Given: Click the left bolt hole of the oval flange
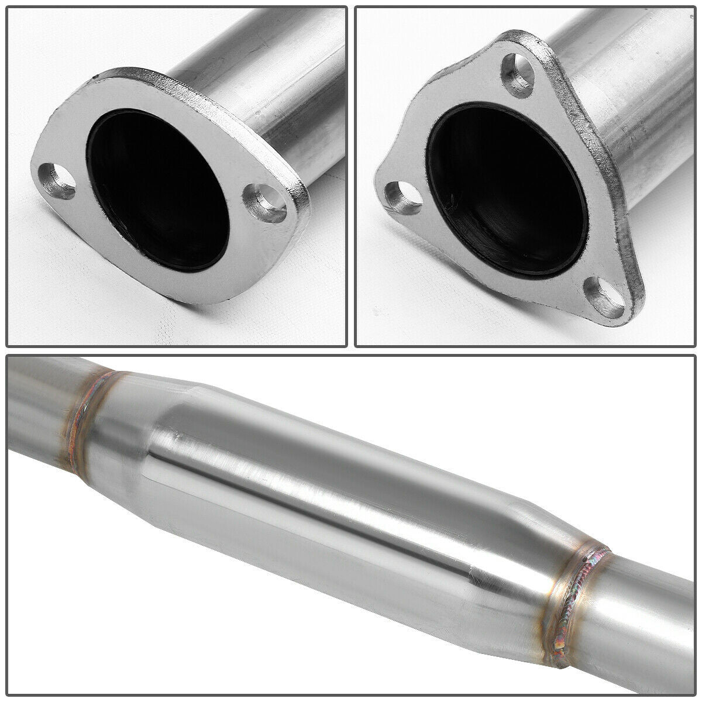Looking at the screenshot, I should click(58, 181).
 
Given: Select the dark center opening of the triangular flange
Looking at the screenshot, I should click(503, 187).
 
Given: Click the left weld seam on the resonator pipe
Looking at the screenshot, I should click(82, 427).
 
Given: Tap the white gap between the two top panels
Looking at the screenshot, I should click(351, 175).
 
